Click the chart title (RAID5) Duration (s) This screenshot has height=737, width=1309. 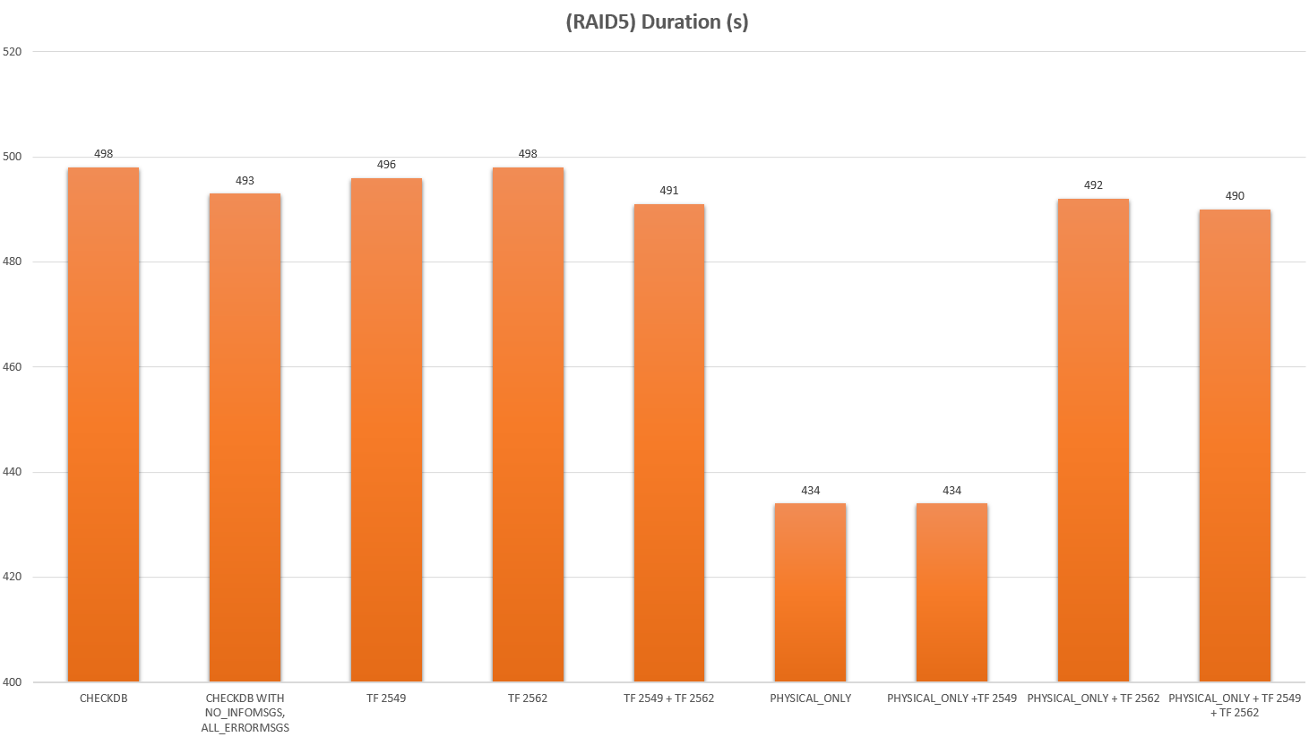tap(657, 21)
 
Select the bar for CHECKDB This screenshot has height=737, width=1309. tap(103, 424)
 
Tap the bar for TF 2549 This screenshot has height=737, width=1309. tap(386, 430)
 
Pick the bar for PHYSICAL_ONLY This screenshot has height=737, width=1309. tap(810, 592)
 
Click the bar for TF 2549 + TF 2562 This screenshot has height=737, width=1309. tap(668, 442)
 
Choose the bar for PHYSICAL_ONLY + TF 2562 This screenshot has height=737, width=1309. tap(1093, 440)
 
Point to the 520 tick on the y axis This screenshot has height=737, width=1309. tap(13, 52)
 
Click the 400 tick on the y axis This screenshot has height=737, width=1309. tap(13, 682)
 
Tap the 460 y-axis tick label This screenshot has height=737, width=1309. tap(13, 367)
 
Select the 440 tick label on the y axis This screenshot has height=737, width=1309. tap(13, 472)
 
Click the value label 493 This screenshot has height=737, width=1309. tap(245, 181)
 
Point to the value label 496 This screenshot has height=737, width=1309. tap(386, 165)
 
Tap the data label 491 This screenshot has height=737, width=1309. tap(669, 191)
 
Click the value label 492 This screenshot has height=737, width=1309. tap(1093, 185)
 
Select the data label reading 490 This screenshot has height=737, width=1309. tap(1235, 196)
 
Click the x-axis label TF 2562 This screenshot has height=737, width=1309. tap(528, 698)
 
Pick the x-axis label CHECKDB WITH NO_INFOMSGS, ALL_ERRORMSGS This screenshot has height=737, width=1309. tap(245, 713)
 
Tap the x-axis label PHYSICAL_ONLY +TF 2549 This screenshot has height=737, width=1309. tap(952, 698)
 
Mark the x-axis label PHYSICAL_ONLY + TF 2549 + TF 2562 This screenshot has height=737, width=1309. tap(1235, 706)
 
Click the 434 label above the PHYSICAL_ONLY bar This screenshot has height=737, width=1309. tap(810, 491)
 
